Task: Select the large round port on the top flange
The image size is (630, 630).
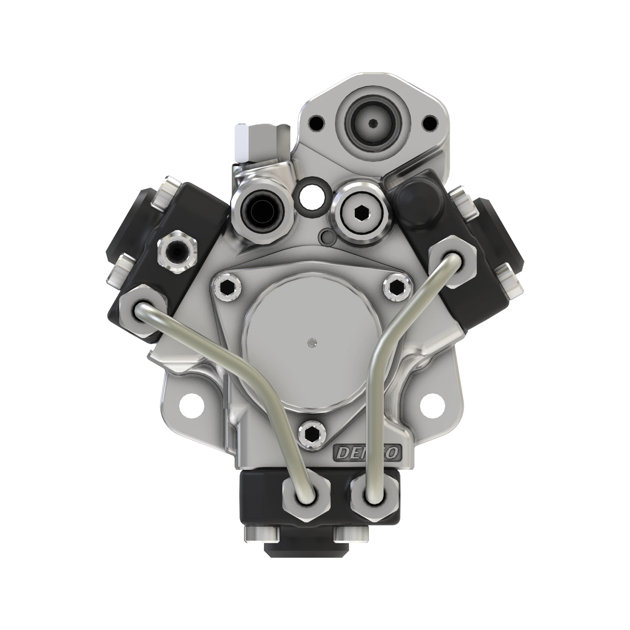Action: [x=374, y=123]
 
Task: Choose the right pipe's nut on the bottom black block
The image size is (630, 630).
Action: [x=375, y=497]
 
